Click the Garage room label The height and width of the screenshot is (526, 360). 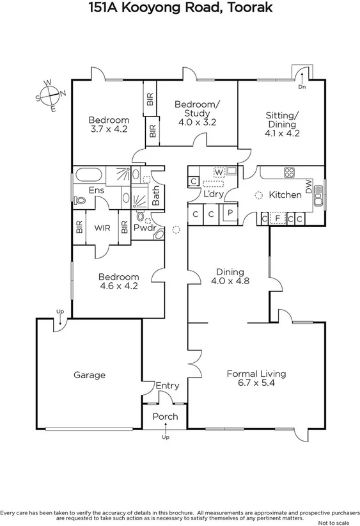click(x=89, y=375)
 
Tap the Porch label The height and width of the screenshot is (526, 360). click(x=165, y=417)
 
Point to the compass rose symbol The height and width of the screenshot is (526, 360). click(x=51, y=95)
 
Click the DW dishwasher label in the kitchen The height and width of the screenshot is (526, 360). click(x=309, y=186)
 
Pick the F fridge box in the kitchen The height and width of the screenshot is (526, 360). click(x=278, y=219)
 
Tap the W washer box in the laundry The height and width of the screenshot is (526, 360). click(x=219, y=172)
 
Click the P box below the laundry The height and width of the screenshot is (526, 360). click(x=229, y=214)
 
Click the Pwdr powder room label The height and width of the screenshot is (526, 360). click(x=143, y=228)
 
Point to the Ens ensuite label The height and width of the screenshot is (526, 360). click(x=96, y=190)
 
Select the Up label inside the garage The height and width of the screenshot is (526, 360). click(x=61, y=312)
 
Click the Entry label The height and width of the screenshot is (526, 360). click(x=168, y=385)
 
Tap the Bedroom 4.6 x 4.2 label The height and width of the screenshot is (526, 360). click(x=118, y=282)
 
